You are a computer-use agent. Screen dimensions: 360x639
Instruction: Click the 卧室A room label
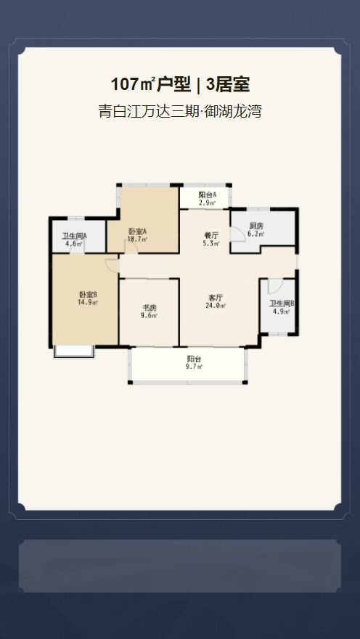pyautogui.click(x=138, y=232)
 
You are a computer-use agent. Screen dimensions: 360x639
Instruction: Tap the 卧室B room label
pyautogui.click(x=88, y=295)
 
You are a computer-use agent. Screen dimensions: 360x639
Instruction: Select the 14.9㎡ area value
pyautogui.click(x=88, y=302)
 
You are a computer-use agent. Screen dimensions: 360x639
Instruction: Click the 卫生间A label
pyautogui.click(x=75, y=236)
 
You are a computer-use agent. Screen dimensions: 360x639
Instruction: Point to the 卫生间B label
pyautogui.click(x=282, y=304)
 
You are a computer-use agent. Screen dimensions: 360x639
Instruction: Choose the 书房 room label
pyautogui.click(x=150, y=308)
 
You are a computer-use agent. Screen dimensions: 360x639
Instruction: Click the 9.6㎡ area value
pyautogui.click(x=150, y=315)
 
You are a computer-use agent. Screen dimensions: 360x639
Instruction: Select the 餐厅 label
pyautogui.click(x=211, y=235)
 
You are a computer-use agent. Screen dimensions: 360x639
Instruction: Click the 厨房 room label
pyautogui.click(x=255, y=226)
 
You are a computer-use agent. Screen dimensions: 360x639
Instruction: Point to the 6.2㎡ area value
pyautogui.click(x=256, y=234)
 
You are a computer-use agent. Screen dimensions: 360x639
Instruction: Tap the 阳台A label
pyautogui.click(x=208, y=195)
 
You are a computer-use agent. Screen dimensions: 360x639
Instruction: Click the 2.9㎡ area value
pyautogui.click(x=208, y=202)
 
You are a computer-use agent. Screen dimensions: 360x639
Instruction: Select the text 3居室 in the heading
pyautogui.click(x=228, y=85)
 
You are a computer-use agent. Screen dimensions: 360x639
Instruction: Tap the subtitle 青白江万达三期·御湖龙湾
pyautogui.click(x=179, y=111)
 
